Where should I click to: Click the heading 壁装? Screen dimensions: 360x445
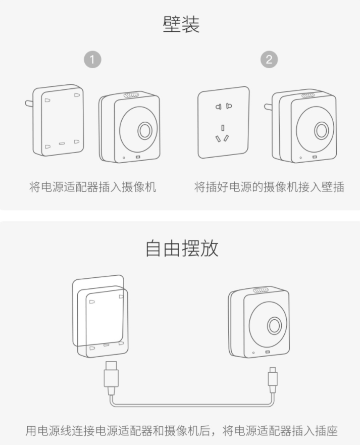(x=181, y=24)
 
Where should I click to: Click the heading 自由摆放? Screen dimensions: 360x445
(x=182, y=249)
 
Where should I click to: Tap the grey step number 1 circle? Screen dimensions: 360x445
(x=92, y=60)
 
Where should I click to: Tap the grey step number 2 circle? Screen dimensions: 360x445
(x=269, y=60)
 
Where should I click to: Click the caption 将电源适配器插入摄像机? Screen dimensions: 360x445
(x=92, y=187)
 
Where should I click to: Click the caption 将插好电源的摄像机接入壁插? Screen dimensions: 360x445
(x=269, y=187)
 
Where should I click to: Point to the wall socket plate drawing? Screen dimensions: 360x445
(x=224, y=122)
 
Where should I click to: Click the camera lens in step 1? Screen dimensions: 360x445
(x=145, y=131)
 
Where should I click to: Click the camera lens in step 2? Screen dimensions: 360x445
(x=322, y=131)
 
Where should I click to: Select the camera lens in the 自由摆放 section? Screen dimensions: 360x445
(x=275, y=325)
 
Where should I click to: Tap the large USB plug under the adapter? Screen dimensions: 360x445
(x=111, y=378)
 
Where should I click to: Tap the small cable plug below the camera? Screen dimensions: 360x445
(x=273, y=380)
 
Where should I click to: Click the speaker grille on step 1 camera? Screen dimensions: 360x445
(x=131, y=95)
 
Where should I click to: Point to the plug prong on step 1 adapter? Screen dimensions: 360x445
(x=29, y=104)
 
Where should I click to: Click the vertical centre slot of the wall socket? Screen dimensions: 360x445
(x=223, y=128)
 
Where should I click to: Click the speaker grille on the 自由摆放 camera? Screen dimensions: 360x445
(x=261, y=290)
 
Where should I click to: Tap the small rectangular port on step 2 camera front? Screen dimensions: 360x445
(x=315, y=157)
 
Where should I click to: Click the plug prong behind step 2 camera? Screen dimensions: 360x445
(x=268, y=107)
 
